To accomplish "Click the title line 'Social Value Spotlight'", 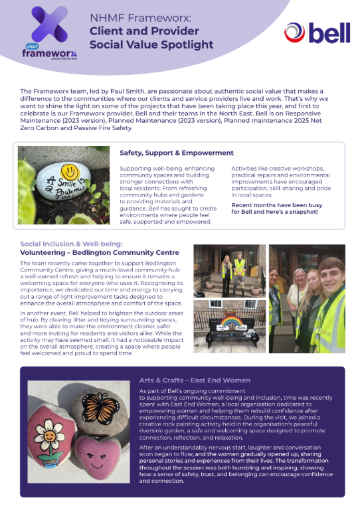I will click(x=152, y=44).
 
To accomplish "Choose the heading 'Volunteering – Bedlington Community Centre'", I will click(x=99, y=252).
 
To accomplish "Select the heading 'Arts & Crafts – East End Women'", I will click(x=194, y=380).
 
